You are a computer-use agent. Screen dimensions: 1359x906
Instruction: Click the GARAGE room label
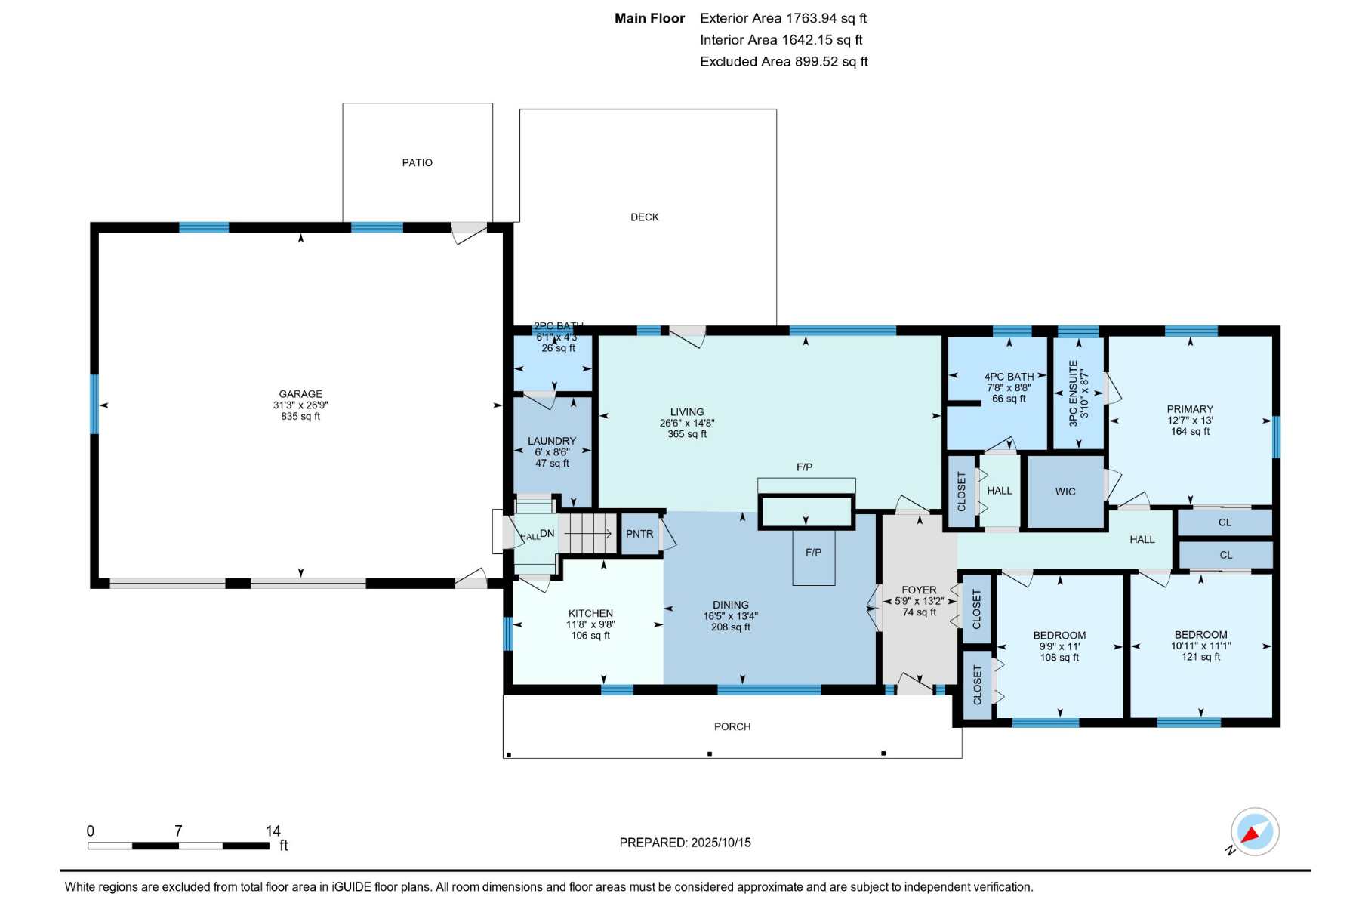tap(300, 394)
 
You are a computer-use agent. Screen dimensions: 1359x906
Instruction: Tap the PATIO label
tap(418, 162)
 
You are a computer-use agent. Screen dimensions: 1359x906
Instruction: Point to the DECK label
tap(645, 217)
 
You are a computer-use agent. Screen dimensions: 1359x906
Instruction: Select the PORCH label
tap(732, 726)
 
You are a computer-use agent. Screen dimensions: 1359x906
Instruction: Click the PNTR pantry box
tap(639, 534)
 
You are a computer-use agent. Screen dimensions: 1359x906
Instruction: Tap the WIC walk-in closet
tap(1065, 492)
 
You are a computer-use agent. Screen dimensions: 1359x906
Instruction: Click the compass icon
tap(1255, 832)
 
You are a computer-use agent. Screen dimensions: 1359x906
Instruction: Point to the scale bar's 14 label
tap(273, 830)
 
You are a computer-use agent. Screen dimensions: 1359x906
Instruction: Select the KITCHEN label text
tap(590, 613)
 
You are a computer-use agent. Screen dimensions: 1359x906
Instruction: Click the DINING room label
tap(731, 605)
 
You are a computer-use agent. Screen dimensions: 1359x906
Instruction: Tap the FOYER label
tap(919, 590)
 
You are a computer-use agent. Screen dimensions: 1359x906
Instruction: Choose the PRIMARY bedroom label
tap(1190, 409)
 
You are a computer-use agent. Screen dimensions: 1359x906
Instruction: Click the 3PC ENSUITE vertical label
tap(1073, 393)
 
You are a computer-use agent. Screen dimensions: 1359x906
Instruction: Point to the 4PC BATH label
tap(1009, 377)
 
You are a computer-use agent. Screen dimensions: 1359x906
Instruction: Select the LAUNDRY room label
tap(552, 441)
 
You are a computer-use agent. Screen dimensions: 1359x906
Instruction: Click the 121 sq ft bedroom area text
tap(1200, 657)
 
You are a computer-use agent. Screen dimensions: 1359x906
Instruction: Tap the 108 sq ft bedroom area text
tap(1059, 658)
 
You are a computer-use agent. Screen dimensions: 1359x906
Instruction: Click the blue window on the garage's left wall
tap(94, 405)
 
